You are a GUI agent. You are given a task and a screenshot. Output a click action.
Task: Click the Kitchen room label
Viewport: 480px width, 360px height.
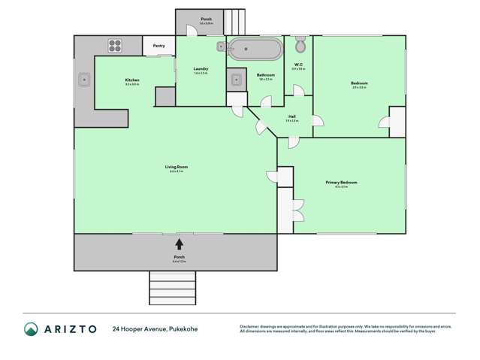coord(131,80)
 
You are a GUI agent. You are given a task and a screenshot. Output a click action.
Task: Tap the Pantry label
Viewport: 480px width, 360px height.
coord(158,46)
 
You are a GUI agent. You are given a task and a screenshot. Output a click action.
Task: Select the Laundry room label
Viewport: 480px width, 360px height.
coord(200,68)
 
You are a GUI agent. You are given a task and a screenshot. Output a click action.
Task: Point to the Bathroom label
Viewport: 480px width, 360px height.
coord(265,74)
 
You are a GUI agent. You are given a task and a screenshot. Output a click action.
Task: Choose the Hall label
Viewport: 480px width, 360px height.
coord(291,116)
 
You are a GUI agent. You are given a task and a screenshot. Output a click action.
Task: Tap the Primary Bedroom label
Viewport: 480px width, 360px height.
coord(340,183)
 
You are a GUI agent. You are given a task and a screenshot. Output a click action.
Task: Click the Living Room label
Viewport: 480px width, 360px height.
coord(176,167)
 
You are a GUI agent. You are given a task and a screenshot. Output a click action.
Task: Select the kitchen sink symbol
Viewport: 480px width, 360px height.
coord(84,78)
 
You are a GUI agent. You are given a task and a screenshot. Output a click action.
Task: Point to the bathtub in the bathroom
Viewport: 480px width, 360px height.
coord(255,50)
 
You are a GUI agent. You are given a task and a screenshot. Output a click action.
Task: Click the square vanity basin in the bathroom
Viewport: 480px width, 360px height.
coord(236,79)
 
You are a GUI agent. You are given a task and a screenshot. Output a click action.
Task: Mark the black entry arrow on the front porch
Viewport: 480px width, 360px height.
coord(179,244)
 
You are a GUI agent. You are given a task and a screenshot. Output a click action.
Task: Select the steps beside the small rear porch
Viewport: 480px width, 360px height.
coord(235,21)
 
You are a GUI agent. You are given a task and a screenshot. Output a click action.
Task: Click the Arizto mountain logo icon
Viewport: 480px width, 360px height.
coord(31,328)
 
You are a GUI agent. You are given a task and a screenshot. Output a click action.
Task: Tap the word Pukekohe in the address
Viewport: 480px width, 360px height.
coord(183,329)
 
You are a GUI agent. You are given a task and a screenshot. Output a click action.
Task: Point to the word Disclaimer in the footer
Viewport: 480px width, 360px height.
coord(252,327)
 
